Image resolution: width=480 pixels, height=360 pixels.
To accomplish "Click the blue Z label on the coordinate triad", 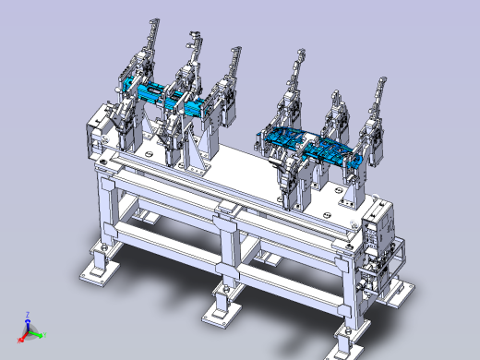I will pyautogui.click(x=28, y=314).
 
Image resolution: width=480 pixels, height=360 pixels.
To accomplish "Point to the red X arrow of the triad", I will pyautogui.click(x=25, y=334).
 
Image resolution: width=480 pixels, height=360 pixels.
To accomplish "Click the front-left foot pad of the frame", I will pyautogui.click(x=97, y=272).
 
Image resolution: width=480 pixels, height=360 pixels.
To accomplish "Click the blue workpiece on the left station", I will pyautogui.click(x=166, y=97).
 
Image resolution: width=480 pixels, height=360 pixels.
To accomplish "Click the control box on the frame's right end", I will pyautogui.click(x=378, y=231).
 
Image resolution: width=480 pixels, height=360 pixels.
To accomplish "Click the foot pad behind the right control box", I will pyautogui.click(x=400, y=291).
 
